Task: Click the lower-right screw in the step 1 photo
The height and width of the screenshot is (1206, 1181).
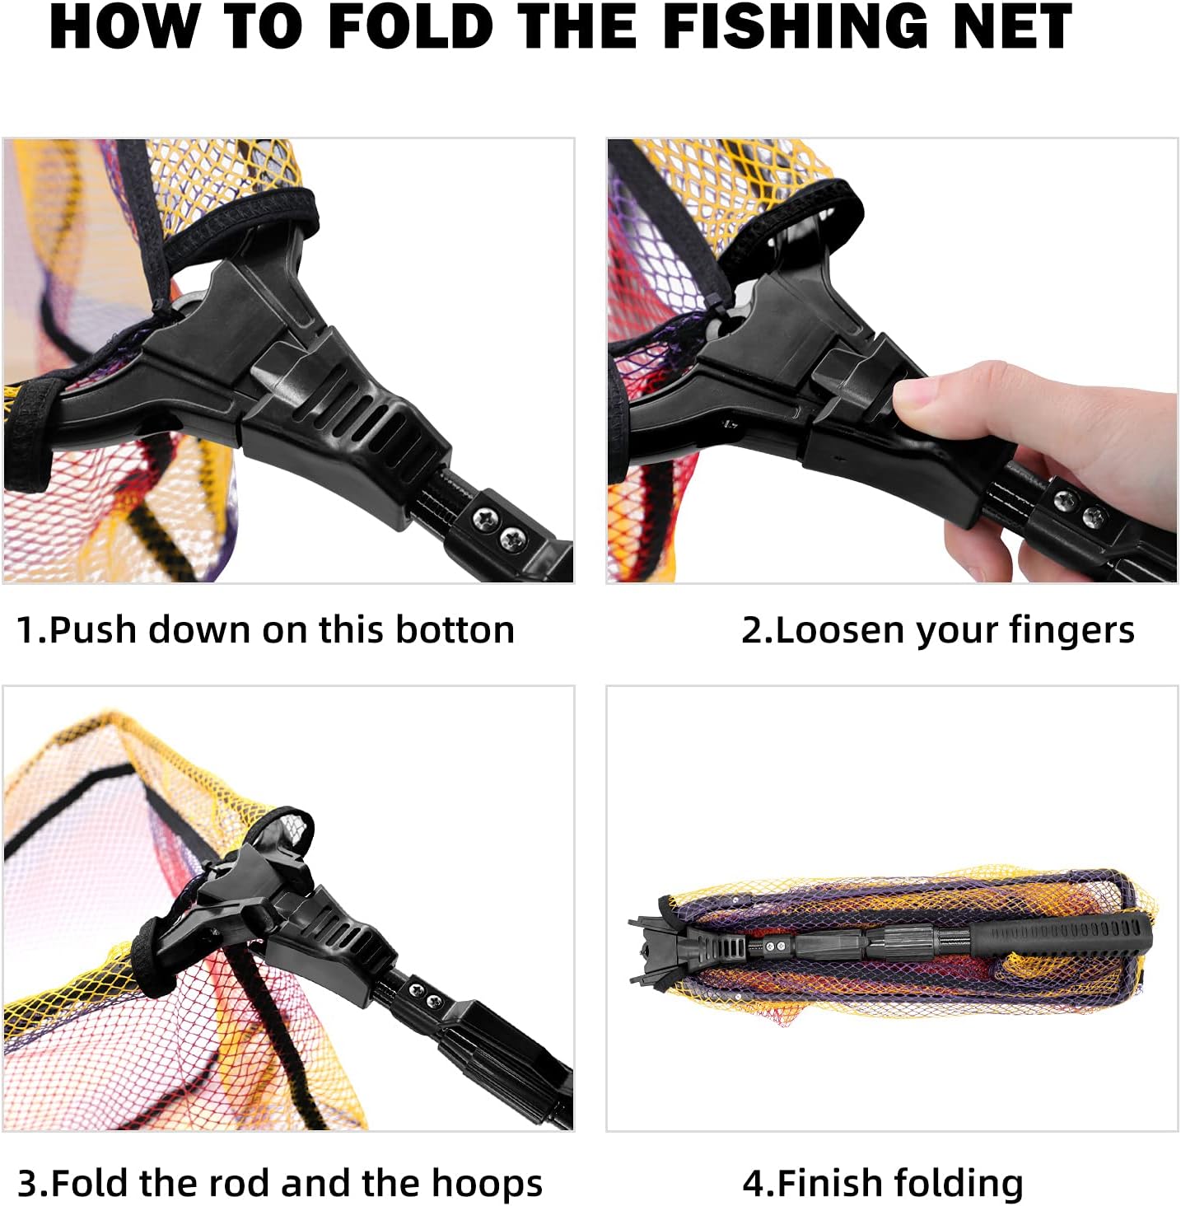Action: (x=511, y=539)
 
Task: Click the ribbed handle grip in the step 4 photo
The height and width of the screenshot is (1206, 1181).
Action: (x=1062, y=933)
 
